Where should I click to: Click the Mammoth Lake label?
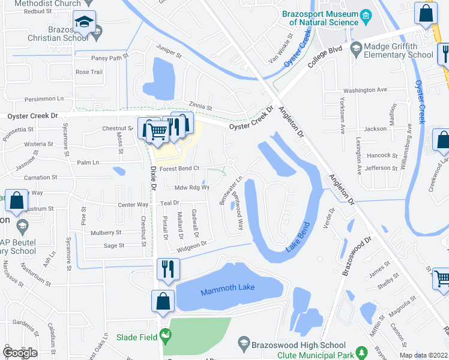[x=228, y=287]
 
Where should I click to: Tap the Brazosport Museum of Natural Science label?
[x=324, y=17]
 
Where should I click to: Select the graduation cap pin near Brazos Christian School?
[x=84, y=23]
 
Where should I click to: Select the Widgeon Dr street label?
[x=191, y=244]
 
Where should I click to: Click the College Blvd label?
[x=325, y=60]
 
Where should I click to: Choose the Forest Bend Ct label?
[x=179, y=169]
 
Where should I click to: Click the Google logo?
[x=20, y=353]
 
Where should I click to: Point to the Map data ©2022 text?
[x=423, y=355]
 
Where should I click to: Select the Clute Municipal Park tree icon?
[x=360, y=352]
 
